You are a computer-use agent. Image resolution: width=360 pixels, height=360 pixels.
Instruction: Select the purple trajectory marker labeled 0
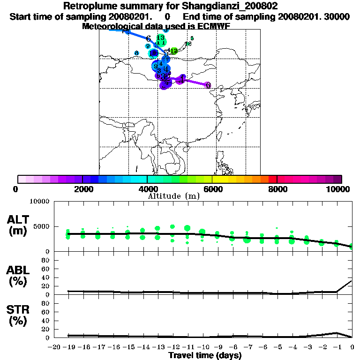click(208, 85)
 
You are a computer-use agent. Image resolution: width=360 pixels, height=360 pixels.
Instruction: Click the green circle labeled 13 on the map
click(161, 38)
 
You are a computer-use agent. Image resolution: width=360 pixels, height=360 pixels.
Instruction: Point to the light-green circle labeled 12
click(174, 51)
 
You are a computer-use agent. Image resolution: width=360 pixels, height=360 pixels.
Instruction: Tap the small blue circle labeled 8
click(136, 53)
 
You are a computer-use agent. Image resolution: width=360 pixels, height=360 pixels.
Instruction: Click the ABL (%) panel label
click(19, 276)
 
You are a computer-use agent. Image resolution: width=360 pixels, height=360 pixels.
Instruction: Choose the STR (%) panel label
click(19, 315)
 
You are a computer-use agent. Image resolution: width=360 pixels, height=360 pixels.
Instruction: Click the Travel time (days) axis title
click(205, 355)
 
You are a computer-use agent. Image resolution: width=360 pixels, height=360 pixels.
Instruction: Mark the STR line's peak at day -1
click(337, 333)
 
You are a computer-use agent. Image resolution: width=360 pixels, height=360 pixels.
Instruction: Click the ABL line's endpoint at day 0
click(352, 281)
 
